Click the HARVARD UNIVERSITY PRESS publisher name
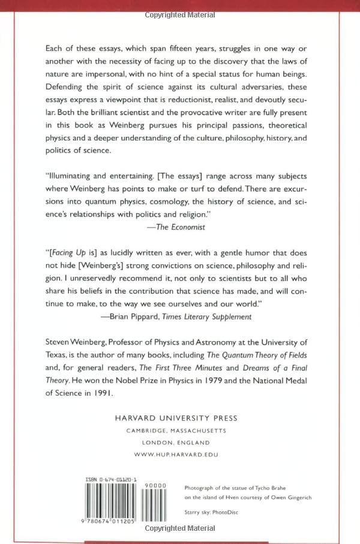coord(179,418)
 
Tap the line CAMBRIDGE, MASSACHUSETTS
coord(179,431)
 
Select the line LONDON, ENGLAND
coord(179,443)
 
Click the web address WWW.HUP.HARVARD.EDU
coord(179,455)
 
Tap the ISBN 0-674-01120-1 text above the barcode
coord(112,480)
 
